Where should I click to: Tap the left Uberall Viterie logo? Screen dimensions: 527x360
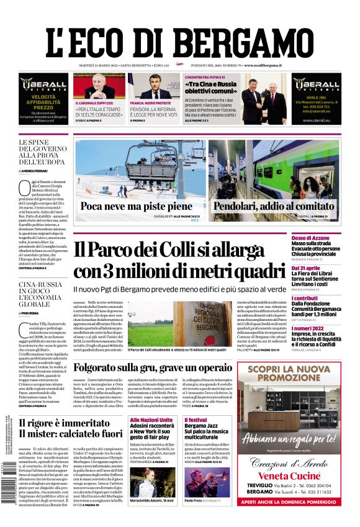click(43, 83)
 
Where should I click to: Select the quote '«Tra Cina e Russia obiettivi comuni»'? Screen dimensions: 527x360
click(210, 87)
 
